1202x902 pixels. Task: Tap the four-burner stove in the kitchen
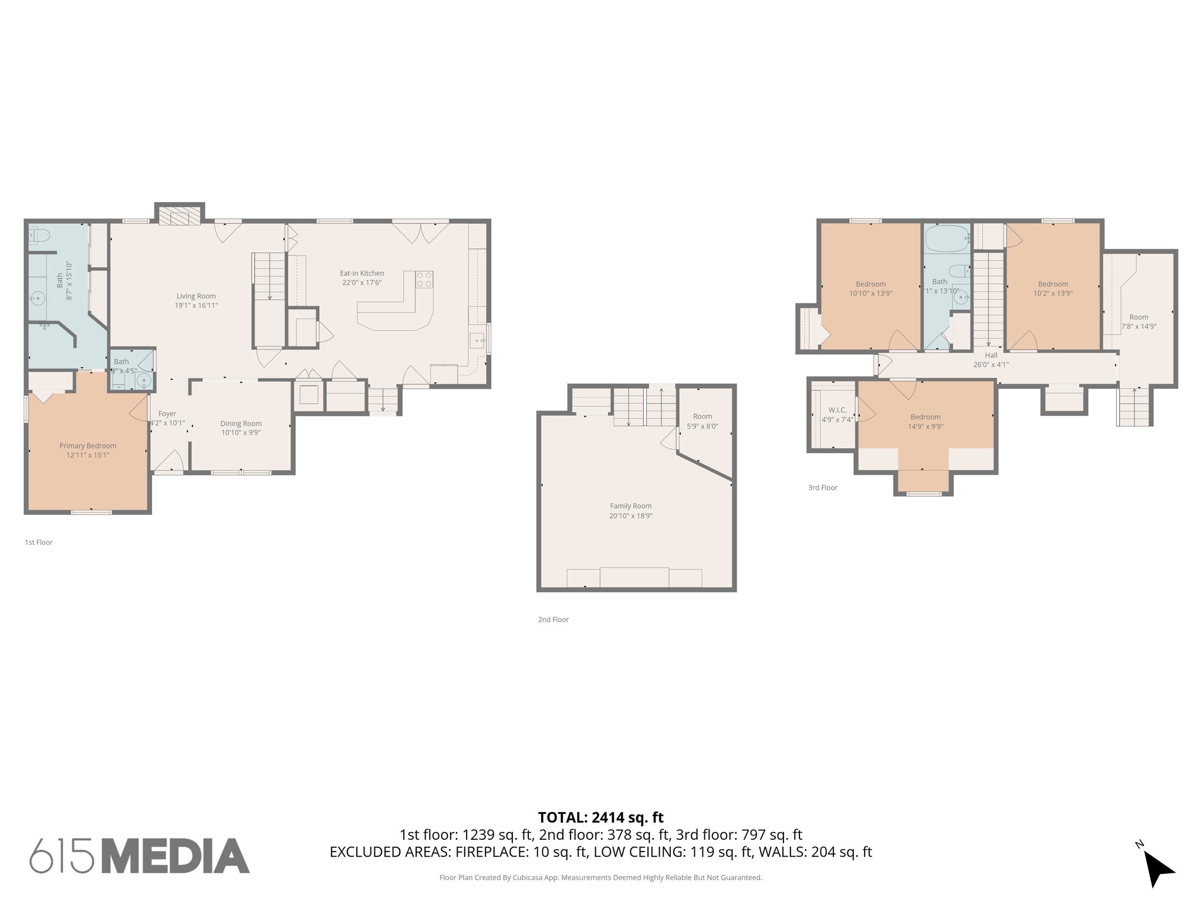[x=424, y=280]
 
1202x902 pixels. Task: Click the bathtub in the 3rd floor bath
[x=947, y=238]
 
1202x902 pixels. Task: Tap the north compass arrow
[x=1157, y=869]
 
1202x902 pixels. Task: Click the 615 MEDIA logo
[x=140, y=856]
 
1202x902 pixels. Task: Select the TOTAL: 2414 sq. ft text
[x=600, y=817]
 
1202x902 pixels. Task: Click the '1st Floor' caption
[x=39, y=543]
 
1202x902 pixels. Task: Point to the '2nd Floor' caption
[x=553, y=620]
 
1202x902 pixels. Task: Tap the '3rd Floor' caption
[x=822, y=487]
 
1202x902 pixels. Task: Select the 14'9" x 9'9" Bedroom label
[x=926, y=422]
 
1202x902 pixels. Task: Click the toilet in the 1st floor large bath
[x=39, y=235]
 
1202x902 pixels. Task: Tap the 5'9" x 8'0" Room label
[x=702, y=421]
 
